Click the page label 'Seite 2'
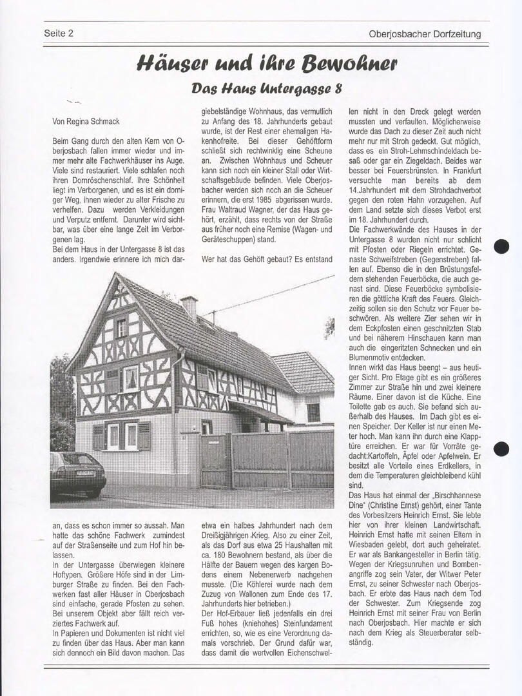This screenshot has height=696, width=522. pyautogui.click(x=59, y=34)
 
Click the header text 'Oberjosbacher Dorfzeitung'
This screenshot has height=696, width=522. pyautogui.click(x=425, y=34)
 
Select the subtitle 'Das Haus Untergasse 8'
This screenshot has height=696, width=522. pyautogui.click(x=267, y=88)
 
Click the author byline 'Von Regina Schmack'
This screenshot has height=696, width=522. pyautogui.click(x=86, y=121)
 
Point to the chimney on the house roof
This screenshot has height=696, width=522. pyautogui.click(x=189, y=307)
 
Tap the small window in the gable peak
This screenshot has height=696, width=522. pyautogui.click(x=121, y=327)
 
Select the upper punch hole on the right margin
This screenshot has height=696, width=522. pyautogui.click(x=501, y=246)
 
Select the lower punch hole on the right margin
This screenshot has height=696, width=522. pyautogui.click(x=501, y=449)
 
